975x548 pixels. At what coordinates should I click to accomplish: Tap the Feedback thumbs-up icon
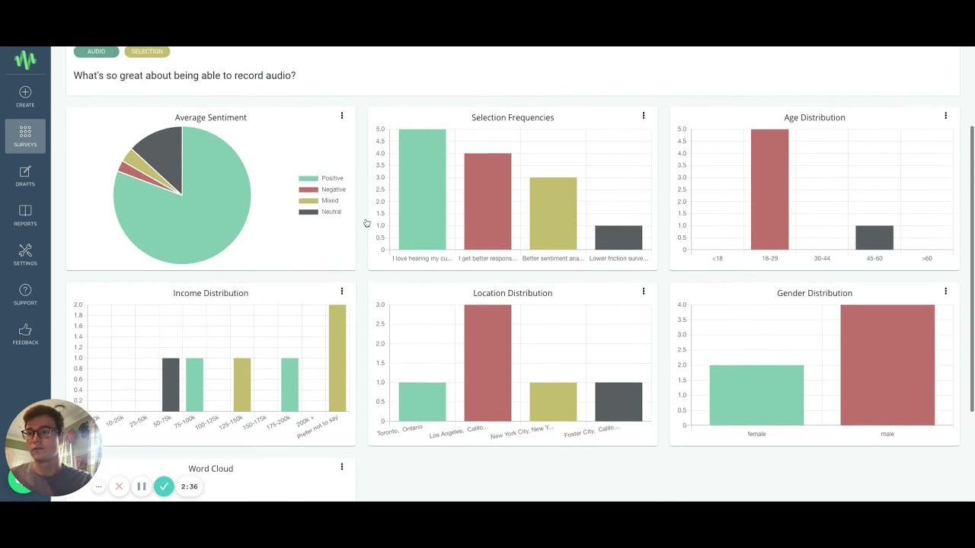pyautogui.click(x=25, y=330)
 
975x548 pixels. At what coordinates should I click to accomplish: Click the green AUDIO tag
pyautogui.click(x=96, y=52)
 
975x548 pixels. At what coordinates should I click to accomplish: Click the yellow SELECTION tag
pyautogui.click(x=147, y=52)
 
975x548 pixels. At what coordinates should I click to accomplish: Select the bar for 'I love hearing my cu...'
pyautogui.click(x=422, y=190)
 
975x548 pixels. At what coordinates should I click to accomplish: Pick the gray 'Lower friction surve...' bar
pyautogui.click(x=619, y=237)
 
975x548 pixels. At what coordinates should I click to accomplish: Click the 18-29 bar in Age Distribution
pyautogui.click(x=769, y=190)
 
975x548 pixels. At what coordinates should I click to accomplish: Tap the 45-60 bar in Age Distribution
pyautogui.click(x=874, y=237)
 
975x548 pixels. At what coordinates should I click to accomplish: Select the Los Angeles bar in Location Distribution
pyautogui.click(x=487, y=363)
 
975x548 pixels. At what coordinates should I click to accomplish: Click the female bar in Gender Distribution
pyautogui.click(x=756, y=395)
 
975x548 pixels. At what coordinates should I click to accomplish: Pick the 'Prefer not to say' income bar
pyautogui.click(x=337, y=358)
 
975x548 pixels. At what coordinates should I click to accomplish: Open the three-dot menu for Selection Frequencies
pyautogui.click(x=644, y=116)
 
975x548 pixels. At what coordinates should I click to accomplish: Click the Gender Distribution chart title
pyautogui.click(x=814, y=293)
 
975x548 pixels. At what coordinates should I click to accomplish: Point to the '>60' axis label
pyautogui.click(x=926, y=259)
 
